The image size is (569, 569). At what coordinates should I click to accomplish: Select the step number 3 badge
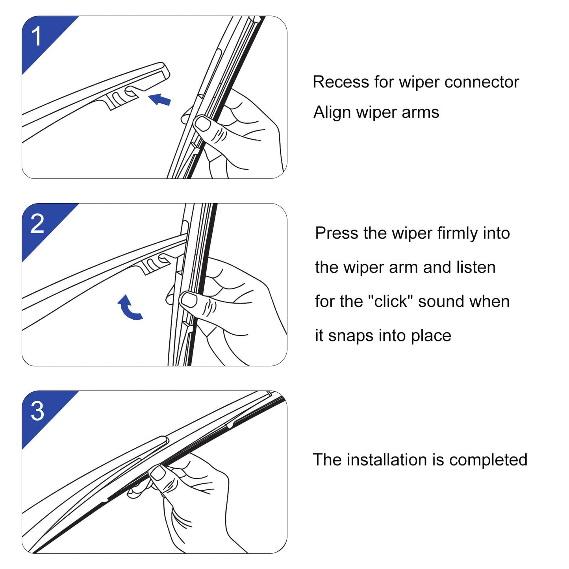(x=37, y=411)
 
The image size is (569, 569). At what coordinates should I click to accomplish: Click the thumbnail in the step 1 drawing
(x=203, y=123)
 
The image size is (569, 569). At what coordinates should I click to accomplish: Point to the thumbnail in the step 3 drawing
(x=158, y=473)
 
